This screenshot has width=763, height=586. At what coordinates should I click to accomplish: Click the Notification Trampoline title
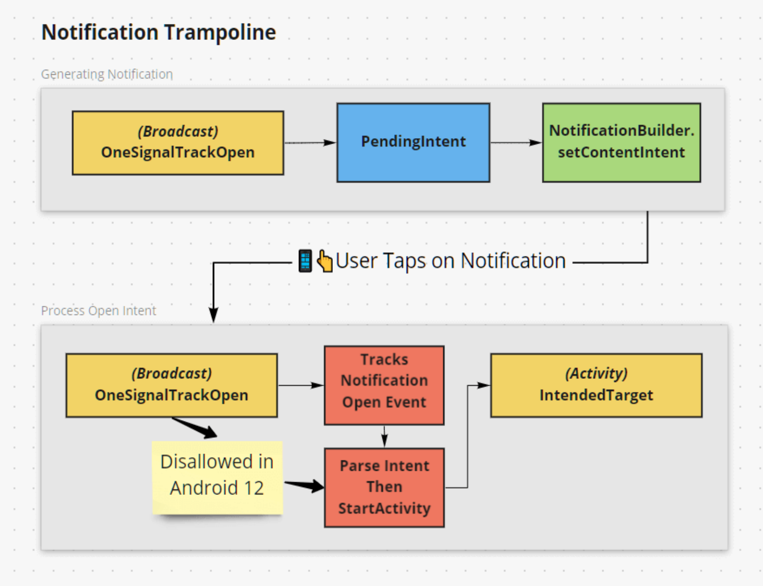click(x=159, y=32)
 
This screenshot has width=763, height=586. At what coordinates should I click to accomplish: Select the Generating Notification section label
click(x=107, y=74)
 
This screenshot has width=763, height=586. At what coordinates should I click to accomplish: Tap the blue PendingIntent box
click(x=413, y=142)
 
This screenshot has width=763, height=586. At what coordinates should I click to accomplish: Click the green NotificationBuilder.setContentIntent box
click(x=622, y=142)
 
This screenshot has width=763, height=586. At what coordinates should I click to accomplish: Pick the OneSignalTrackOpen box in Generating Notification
click(x=178, y=143)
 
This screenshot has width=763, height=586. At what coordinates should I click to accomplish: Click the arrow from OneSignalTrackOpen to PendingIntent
click(x=310, y=143)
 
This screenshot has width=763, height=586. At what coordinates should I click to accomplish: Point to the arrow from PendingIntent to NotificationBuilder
click(x=516, y=143)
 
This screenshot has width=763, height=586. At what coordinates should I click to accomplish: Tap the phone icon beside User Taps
click(x=305, y=261)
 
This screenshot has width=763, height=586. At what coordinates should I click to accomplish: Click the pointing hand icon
click(x=324, y=261)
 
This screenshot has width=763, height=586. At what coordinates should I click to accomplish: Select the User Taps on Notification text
click(x=451, y=261)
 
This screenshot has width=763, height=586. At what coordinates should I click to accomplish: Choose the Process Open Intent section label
click(x=98, y=310)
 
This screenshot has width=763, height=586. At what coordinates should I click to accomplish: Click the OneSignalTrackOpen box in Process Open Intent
click(x=172, y=385)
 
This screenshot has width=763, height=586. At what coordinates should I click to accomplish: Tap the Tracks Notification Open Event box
click(x=384, y=385)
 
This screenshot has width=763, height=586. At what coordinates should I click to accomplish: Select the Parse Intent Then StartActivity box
click(x=384, y=487)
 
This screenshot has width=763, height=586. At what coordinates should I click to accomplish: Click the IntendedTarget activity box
click(x=596, y=385)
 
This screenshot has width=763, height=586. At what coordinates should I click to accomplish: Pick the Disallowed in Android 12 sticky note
click(x=217, y=477)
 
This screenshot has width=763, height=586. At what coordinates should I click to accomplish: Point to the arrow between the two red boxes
click(x=384, y=436)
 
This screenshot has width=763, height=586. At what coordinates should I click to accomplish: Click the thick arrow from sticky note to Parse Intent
click(x=304, y=485)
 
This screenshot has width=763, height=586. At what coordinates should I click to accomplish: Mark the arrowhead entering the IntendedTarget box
click(x=484, y=385)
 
